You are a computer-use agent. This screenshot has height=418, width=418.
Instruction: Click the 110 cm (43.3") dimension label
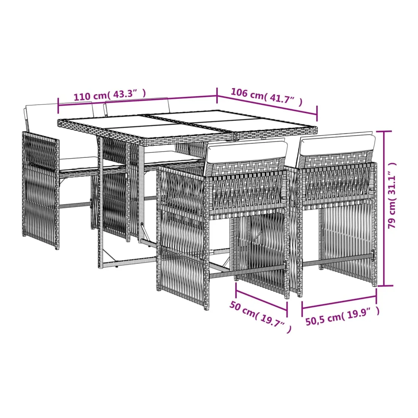110,95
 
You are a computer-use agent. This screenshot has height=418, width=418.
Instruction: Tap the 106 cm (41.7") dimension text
267,97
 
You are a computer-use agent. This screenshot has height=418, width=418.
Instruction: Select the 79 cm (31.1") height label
392,195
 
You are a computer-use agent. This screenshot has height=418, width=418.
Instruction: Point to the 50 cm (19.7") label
260,317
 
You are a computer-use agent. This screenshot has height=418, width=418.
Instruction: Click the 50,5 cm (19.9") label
342,316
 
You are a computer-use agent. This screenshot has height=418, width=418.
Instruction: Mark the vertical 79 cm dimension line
384,209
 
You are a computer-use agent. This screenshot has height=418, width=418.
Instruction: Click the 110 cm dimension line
137,100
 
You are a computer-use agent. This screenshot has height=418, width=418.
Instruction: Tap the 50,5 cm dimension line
339,302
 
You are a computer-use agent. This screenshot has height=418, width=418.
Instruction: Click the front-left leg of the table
100,202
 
